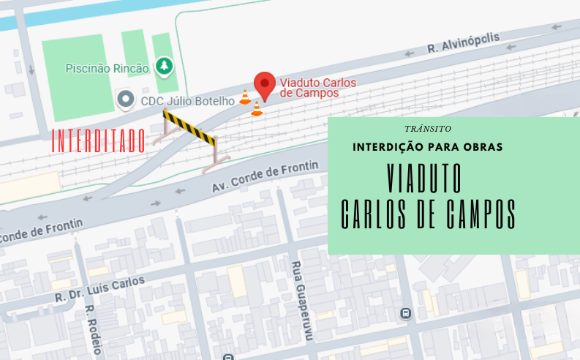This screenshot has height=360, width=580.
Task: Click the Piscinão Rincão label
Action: [107, 69]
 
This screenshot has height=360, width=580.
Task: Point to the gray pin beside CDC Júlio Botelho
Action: [126, 98]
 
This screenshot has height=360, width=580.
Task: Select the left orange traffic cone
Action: [245, 97]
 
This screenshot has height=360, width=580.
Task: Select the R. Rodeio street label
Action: [91, 329]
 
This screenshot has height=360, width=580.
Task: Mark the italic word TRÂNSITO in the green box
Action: [427, 128]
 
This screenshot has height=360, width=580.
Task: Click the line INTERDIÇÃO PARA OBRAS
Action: [427, 147]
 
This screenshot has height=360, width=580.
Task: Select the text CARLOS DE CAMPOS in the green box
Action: [429, 213]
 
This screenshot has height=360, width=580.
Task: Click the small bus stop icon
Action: [404, 314]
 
